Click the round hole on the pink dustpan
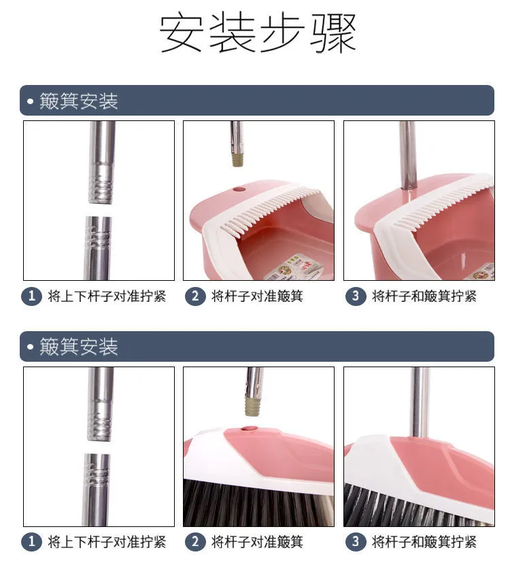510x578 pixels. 239,190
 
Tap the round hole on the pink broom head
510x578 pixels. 250,429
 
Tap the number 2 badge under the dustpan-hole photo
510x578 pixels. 195,296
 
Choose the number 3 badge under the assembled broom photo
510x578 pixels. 355,541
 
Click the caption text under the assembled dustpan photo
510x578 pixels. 424,296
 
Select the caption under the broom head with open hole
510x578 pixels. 257,542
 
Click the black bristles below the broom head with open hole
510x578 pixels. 258,503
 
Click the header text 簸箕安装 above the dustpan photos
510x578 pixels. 79,101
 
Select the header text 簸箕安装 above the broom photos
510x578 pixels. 79,347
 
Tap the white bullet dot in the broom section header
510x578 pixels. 30,347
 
